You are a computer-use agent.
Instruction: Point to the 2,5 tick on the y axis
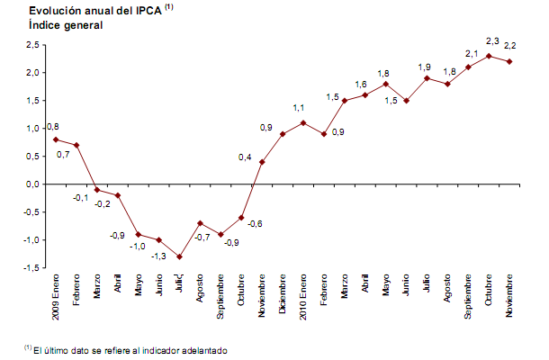(34, 45)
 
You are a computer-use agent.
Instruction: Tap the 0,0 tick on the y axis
(34, 184)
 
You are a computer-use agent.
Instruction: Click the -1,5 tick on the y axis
(32, 268)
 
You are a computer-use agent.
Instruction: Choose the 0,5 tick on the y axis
(34, 157)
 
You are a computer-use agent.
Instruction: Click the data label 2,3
(492, 40)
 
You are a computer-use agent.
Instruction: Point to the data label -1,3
(158, 256)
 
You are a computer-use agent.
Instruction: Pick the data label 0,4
(244, 157)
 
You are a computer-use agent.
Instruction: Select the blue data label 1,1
(300, 108)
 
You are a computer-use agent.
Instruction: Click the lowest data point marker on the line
(179, 256)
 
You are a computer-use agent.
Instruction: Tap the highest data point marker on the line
(489, 56)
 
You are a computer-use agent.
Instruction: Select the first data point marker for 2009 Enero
(55, 139)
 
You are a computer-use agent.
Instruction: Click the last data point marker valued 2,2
(510, 61)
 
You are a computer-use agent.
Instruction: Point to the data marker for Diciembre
(283, 134)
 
